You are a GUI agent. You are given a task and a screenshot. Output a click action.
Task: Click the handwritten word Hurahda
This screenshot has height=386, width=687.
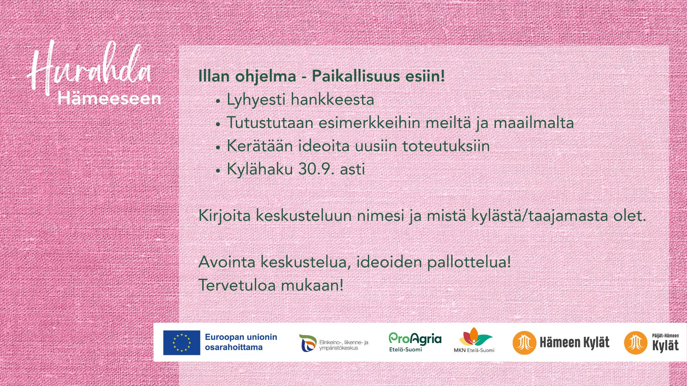[89, 68]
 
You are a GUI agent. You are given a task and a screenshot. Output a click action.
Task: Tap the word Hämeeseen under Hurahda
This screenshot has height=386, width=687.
[109, 99]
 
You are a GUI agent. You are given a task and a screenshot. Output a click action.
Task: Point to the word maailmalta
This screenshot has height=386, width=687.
[533, 123]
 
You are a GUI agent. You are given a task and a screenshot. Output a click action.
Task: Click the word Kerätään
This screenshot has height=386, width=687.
[260, 146]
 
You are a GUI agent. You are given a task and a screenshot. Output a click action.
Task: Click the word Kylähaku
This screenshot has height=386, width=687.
[260, 169]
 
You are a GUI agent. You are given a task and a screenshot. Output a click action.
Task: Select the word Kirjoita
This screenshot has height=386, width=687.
[224, 216]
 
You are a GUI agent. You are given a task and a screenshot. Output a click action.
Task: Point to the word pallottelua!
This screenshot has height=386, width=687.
[469, 262]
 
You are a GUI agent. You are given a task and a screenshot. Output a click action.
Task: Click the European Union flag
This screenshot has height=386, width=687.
[182, 342]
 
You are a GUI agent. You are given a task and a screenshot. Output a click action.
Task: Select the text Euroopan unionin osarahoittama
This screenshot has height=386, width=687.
[241, 342]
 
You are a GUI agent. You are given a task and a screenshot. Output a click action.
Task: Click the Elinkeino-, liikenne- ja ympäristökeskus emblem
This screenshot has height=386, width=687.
[308, 343]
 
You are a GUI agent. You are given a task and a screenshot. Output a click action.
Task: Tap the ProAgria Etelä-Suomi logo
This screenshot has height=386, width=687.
[415, 342]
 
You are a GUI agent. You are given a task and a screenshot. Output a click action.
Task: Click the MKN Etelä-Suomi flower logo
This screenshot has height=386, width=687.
[474, 340]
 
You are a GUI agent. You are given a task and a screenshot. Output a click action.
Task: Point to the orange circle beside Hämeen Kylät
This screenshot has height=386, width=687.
[525, 343]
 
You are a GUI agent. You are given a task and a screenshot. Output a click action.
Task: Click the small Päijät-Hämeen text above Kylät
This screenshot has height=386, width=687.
[666, 336]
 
